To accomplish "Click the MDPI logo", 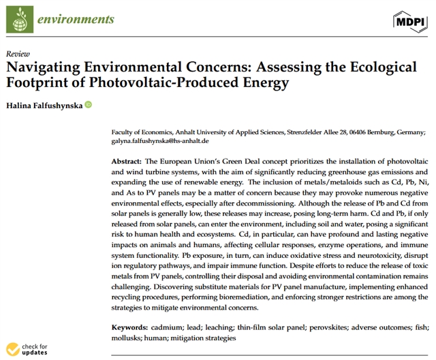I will pos(411,23).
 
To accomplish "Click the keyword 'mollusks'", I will pos(127,338).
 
